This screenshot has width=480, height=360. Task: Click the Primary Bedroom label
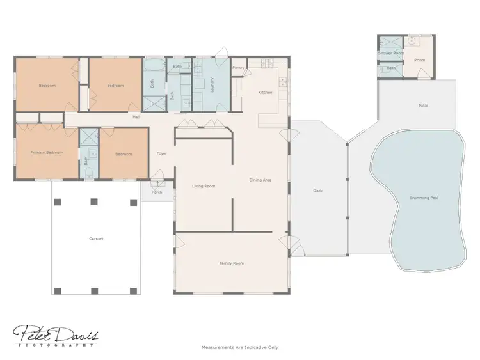point(47,153)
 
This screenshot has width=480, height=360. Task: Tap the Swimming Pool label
point(424,197)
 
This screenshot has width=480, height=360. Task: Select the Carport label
point(96,239)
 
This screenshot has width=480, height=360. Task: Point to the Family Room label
point(231,263)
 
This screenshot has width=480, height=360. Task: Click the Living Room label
point(204,186)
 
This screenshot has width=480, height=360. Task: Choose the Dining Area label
point(260,180)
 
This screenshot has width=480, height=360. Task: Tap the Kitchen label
point(265,93)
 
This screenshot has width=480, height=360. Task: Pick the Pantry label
point(239,67)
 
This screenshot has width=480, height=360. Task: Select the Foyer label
point(162,153)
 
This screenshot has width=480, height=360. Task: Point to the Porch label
point(157,192)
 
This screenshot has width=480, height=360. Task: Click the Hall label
point(136,117)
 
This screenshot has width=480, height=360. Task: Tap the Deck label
point(317,191)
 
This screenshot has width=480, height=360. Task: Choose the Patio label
point(423,105)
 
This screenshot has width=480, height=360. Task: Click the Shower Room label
point(390,53)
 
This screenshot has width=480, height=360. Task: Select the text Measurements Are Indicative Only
point(240,347)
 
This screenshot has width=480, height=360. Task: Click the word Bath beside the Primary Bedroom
point(86,160)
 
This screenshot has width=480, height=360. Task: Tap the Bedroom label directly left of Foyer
point(124,154)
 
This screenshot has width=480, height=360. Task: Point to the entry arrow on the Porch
point(157,184)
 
